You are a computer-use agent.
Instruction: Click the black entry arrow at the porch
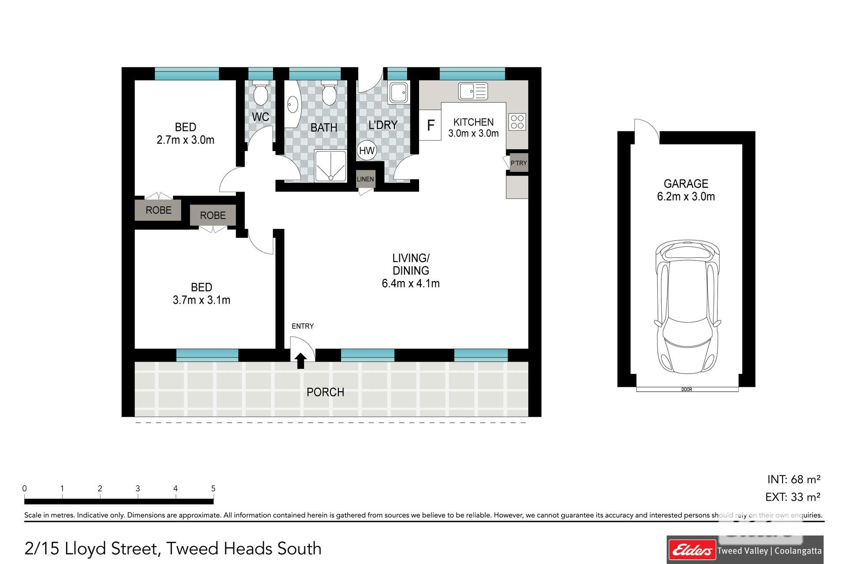pyautogui.click(x=301, y=360)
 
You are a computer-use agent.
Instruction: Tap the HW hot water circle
pyautogui.click(x=367, y=151)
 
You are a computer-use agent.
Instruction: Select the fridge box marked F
pyautogui.click(x=430, y=125)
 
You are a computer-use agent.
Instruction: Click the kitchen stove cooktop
pyautogui.click(x=517, y=122)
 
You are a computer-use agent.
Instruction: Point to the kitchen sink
pyautogui.click(x=473, y=91)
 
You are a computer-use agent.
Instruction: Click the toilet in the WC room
pyautogui.click(x=261, y=93)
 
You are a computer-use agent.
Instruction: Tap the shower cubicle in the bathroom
pyautogui.click(x=330, y=166)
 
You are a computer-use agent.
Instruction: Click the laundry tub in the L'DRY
pyautogui.click(x=399, y=93)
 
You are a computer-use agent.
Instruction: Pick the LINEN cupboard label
pyautogui.click(x=365, y=179)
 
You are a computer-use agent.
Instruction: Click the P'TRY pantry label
pyautogui.click(x=519, y=163)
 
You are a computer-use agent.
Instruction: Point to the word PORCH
pyautogui.click(x=325, y=392)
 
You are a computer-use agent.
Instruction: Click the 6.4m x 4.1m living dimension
pyautogui.click(x=411, y=283)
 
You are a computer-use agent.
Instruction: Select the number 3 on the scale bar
pyautogui.click(x=138, y=488)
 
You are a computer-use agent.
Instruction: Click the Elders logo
pyautogui.click(x=691, y=550)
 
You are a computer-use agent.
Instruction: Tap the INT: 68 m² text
pyautogui.click(x=794, y=479)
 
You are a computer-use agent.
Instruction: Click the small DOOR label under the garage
pyautogui.click(x=686, y=390)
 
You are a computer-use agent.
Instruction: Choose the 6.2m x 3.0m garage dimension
pyautogui.click(x=686, y=197)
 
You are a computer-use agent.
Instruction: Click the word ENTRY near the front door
pyautogui.click(x=303, y=326)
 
